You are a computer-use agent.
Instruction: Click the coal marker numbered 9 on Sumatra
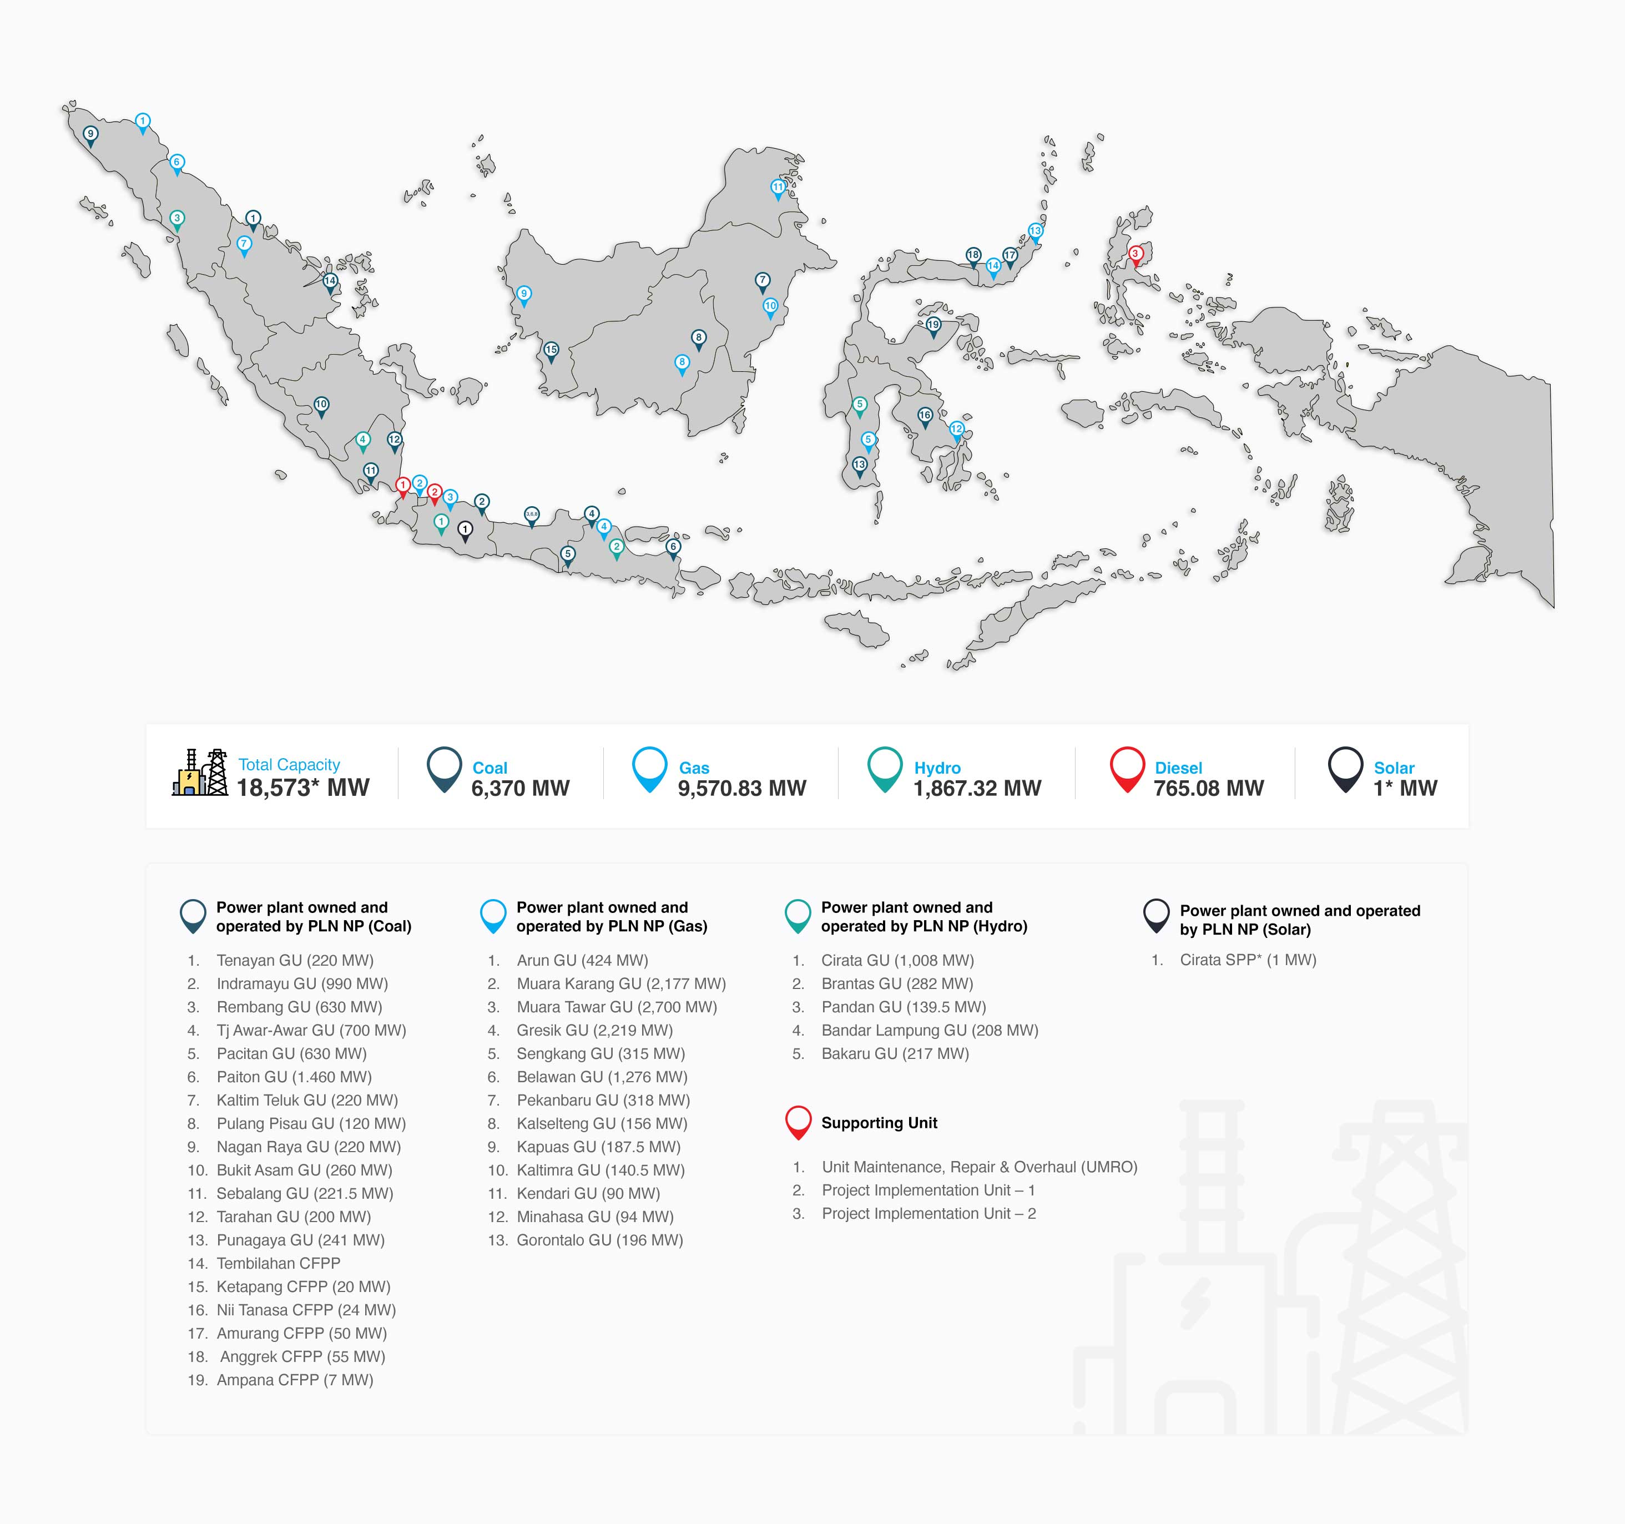click(x=90, y=134)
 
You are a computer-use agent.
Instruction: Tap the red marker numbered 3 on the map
click(x=1136, y=254)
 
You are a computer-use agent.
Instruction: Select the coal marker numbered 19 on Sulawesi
click(x=933, y=325)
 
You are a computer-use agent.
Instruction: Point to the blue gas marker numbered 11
click(x=778, y=187)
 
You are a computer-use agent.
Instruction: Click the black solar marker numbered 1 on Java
click(x=465, y=530)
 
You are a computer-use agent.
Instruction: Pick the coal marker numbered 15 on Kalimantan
click(x=551, y=350)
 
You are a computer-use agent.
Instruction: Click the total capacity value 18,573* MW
click(x=302, y=788)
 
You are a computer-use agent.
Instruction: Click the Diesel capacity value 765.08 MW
click(x=1208, y=788)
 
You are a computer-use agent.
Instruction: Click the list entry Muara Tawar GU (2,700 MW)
click(x=617, y=1007)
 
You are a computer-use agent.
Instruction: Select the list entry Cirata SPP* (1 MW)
click(x=1248, y=960)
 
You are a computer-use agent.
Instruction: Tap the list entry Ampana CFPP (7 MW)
click(x=294, y=1380)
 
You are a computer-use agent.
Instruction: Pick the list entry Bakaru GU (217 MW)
click(x=895, y=1054)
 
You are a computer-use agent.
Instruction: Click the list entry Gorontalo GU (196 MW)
click(x=599, y=1240)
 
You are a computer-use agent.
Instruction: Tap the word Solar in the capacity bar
click(x=1394, y=768)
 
